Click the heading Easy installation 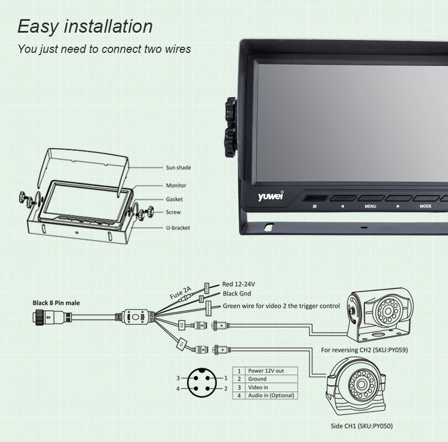click(x=85, y=26)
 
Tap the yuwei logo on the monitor click(x=270, y=197)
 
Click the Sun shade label click(x=178, y=167)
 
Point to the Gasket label click(x=174, y=199)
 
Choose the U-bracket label click(x=177, y=227)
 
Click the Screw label click(x=173, y=212)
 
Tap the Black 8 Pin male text click(x=56, y=303)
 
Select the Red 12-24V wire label click(x=243, y=284)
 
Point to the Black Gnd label click(x=236, y=293)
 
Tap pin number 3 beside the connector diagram click(x=178, y=378)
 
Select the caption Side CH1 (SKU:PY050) click(x=361, y=426)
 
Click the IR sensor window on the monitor click(x=315, y=198)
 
